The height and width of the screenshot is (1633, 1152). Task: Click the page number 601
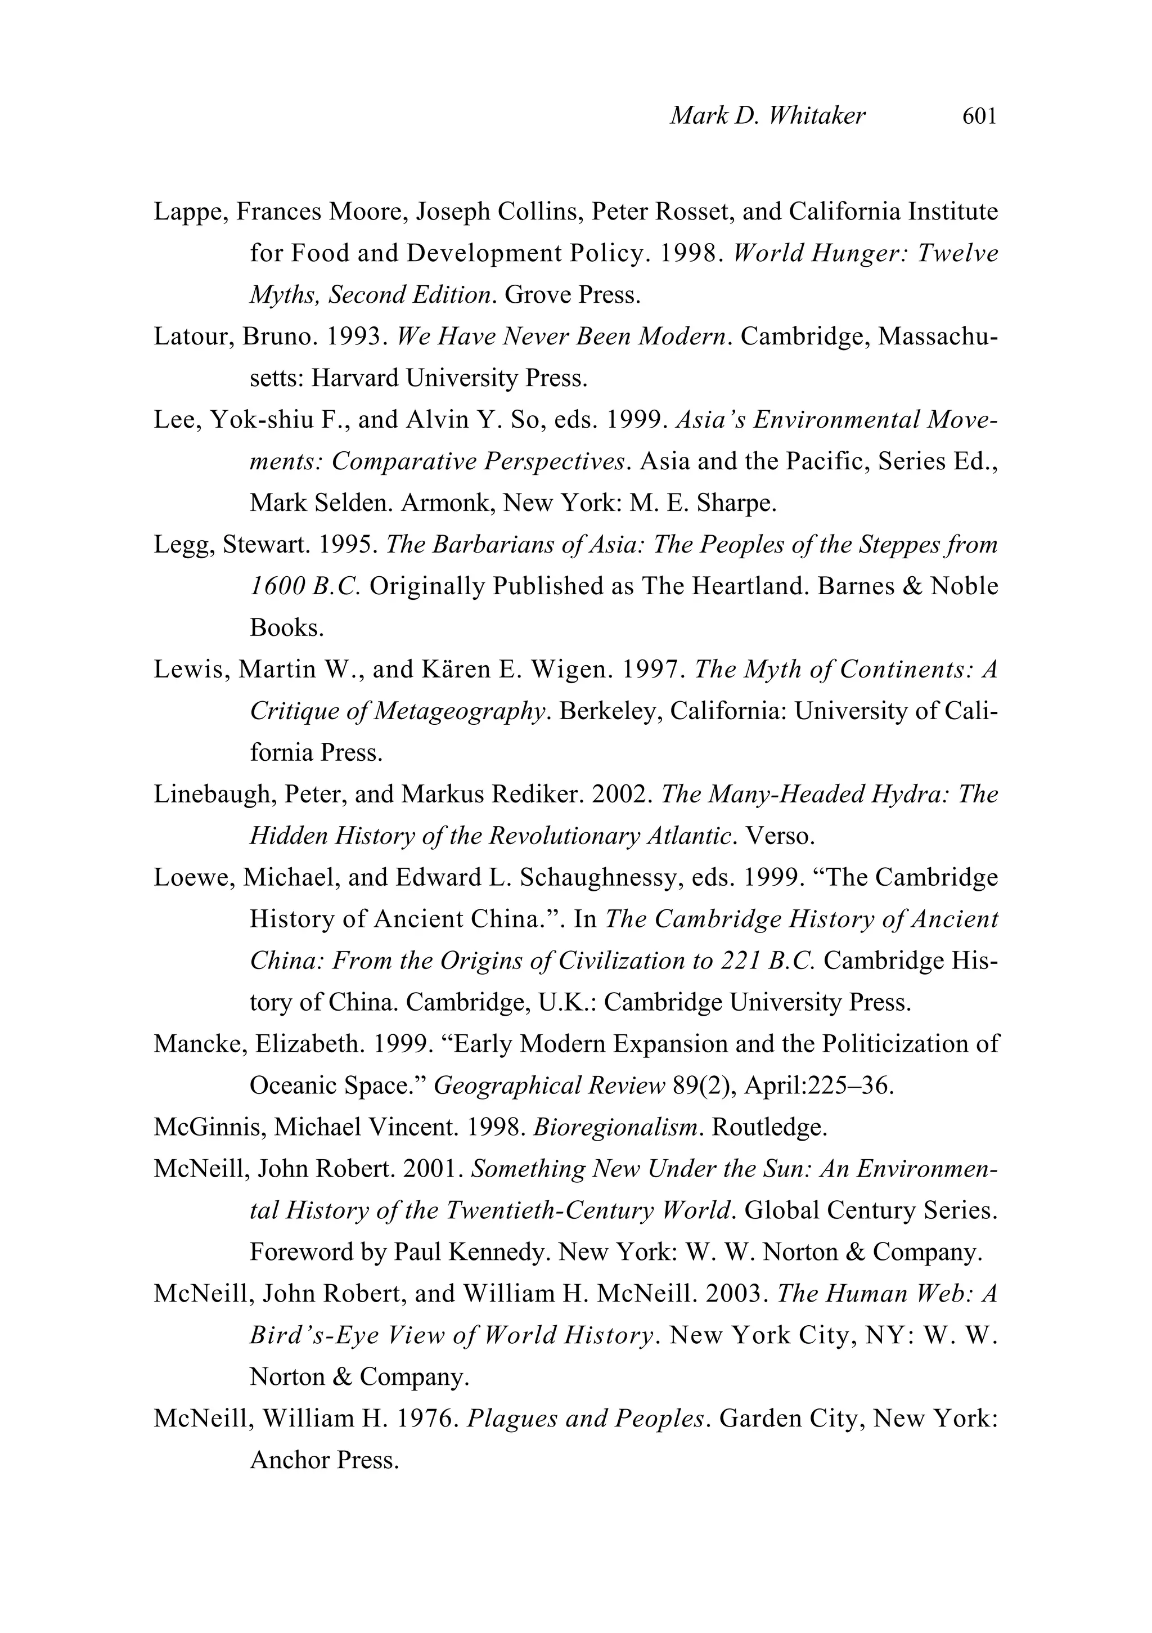tap(979, 116)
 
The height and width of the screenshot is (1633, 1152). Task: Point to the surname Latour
tap(193, 337)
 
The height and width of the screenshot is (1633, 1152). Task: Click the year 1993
tap(355, 337)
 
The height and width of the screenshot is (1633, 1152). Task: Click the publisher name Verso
tap(778, 836)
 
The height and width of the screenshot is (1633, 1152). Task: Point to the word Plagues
tap(511, 1419)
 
